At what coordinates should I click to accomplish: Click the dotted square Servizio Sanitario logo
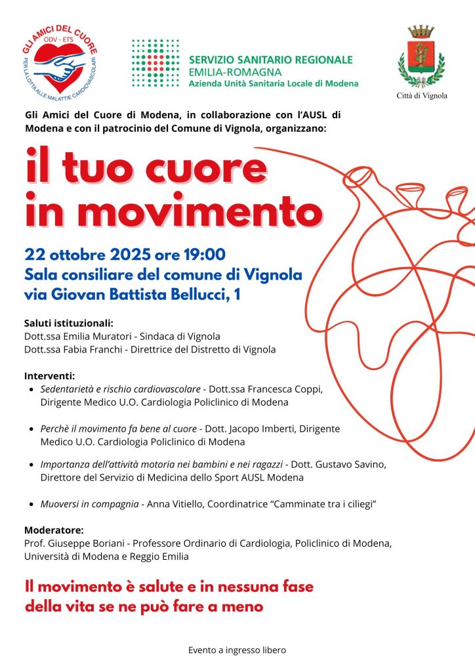pos(155,64)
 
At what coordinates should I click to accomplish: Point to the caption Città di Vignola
pos(422,96)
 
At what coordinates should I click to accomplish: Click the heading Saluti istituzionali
pos(69,324)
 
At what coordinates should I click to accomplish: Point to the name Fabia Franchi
pos(91,349)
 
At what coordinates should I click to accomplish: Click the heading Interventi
pos(50,376)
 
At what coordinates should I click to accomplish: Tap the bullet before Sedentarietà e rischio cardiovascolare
pos(33,390)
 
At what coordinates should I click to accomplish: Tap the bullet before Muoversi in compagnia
pos(33,505)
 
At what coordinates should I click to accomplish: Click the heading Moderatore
pos(53,530)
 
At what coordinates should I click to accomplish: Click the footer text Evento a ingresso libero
pos(237,650)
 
